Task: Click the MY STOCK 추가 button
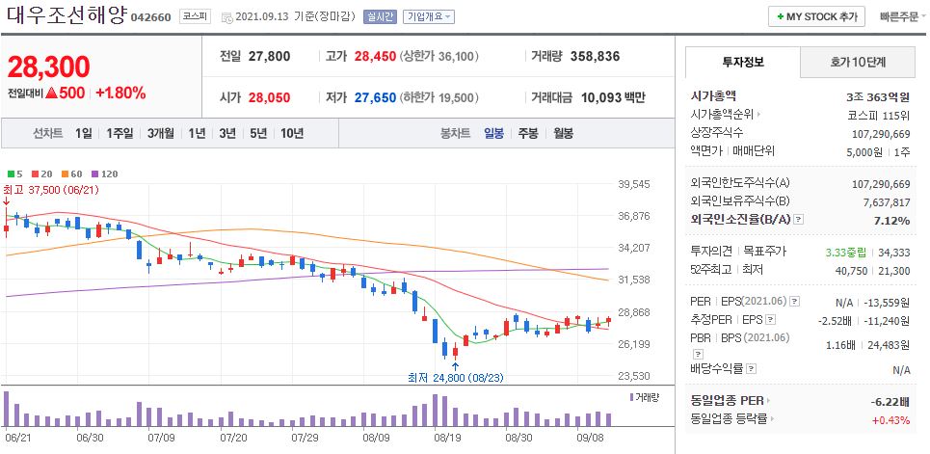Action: (815, 16)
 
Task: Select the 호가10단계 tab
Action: (858, 62)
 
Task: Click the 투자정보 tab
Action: (742, 62)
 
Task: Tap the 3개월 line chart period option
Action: (161, 133)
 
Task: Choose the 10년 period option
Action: (291, 133)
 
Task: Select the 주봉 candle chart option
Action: (527, 133)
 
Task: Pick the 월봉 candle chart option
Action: (563, 133)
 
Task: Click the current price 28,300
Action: (48, 67)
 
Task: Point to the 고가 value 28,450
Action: (375, 57)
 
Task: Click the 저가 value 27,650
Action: (375, 97)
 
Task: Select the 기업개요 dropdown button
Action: (429, 17)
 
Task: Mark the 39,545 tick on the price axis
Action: (634, 184)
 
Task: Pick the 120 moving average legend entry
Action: (109, 174)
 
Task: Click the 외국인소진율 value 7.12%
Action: (891, 221)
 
